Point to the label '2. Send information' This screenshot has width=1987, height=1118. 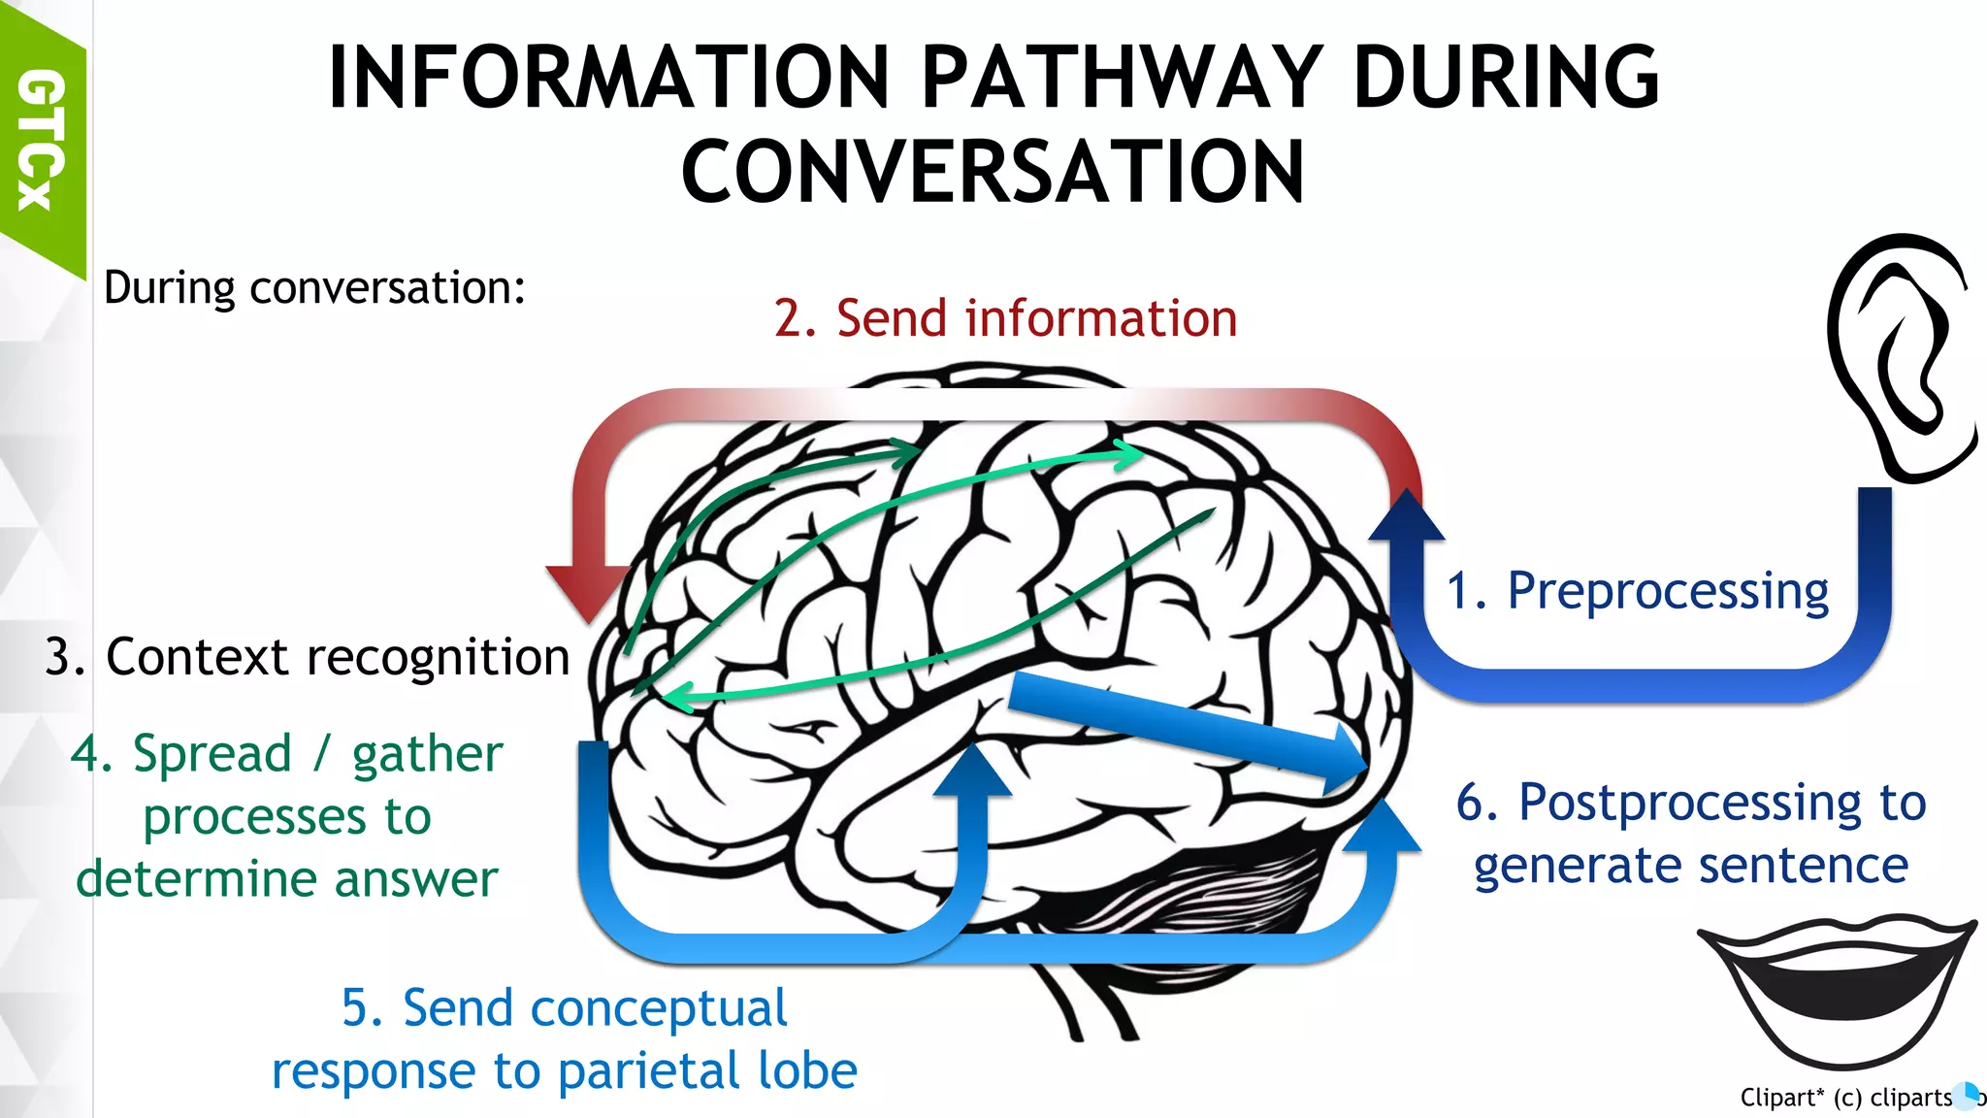click(x=1005, y=318)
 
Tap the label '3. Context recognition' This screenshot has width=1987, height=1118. click(x=307, y=657)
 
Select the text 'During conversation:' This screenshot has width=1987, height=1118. click(x=314, y=288)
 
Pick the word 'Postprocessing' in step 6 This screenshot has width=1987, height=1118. click(x=1692, y=803)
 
